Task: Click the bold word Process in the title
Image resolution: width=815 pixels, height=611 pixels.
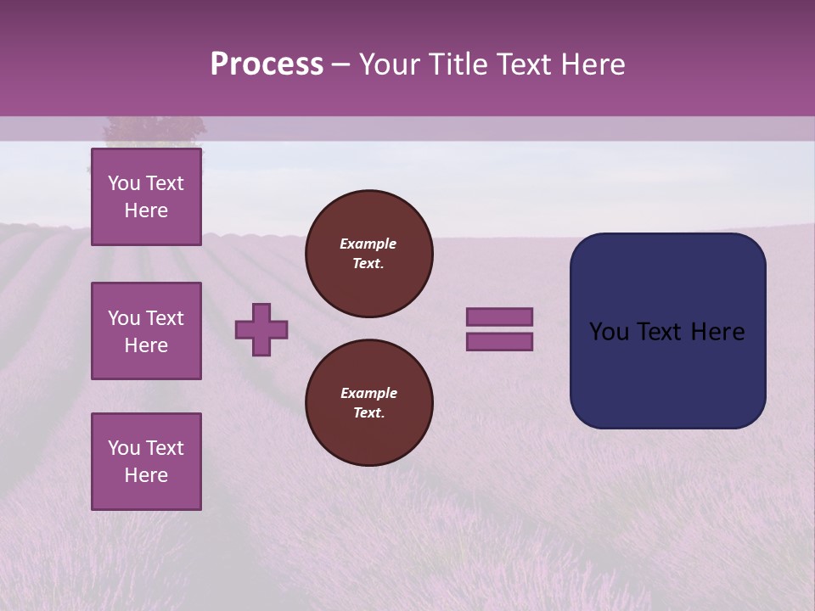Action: [267, 64]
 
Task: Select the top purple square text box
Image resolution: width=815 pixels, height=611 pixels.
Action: [146, 197]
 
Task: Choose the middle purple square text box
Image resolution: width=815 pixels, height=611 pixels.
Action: [146, 331]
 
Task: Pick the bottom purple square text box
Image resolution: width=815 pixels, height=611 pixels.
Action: [146, 462]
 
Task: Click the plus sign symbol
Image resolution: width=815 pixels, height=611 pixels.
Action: [261, 329]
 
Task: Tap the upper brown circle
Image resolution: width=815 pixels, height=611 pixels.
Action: [368, 254]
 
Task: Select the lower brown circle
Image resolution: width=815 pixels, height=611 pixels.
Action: [368, 403]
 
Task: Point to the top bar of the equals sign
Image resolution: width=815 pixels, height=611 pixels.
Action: [499, 317]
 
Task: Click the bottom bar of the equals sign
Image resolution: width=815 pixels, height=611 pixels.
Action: [499, 342]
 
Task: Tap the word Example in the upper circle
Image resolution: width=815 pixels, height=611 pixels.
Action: [368, 244]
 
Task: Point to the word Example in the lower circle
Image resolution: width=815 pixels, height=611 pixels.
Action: [368, 393]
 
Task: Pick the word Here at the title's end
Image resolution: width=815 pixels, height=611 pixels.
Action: [593, 64]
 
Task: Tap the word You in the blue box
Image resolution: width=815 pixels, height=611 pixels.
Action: [608, 332]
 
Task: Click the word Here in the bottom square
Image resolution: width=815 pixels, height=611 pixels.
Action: [146, 475]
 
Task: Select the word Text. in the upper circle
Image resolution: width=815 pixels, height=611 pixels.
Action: [368, 264]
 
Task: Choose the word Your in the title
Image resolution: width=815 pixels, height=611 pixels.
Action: [391, 64]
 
